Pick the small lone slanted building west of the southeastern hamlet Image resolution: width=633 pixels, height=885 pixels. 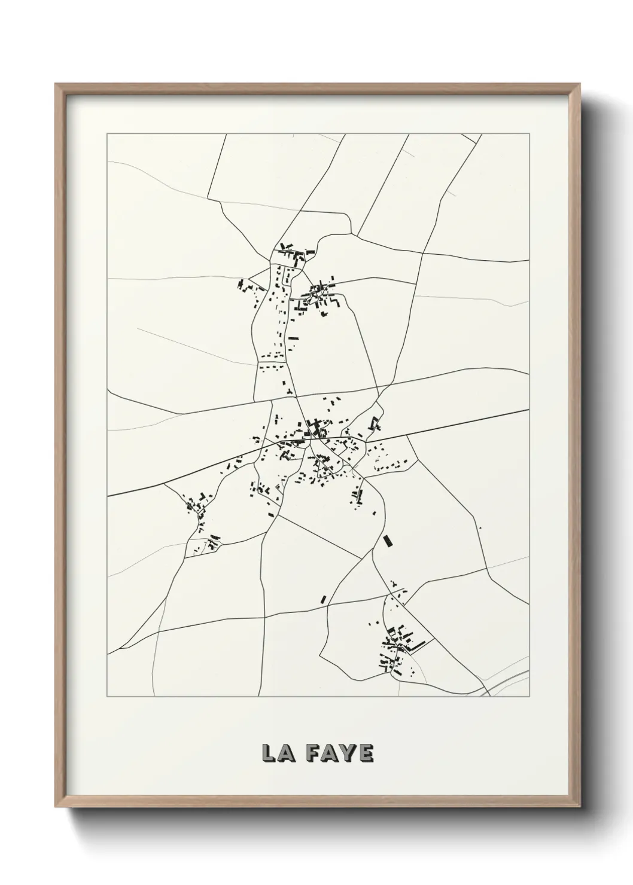pos(323,599)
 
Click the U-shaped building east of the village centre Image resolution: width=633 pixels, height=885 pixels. pos(375,423)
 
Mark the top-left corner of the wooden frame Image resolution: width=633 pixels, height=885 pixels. pos(56,84)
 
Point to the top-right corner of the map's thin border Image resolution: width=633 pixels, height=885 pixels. pos(529,134)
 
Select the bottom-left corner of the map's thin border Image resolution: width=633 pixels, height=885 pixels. pos(107,697)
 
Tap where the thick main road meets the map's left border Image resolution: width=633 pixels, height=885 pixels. pos(108,496)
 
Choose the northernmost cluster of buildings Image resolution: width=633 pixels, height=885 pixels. pos(292,254)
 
